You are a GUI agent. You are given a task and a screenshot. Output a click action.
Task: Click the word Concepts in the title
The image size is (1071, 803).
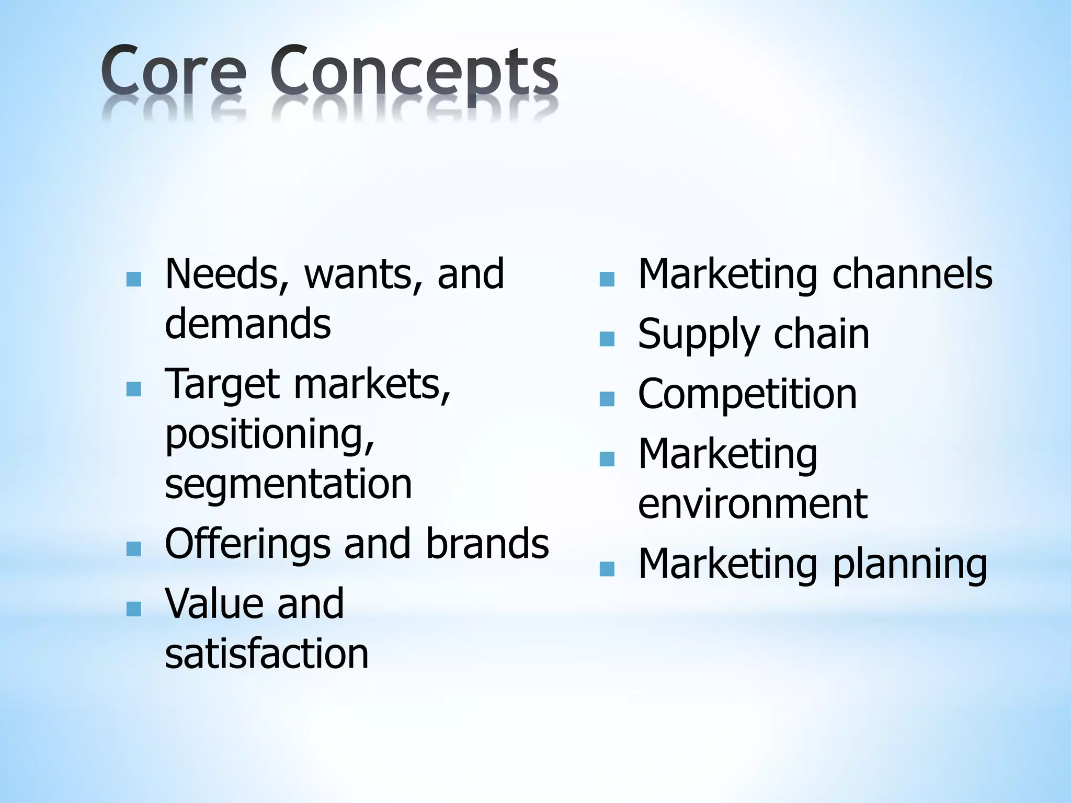pos(414,73)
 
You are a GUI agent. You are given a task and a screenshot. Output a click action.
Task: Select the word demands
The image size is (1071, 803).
pos(248,324)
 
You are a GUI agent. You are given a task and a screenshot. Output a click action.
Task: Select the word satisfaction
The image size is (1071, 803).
pos(267,653)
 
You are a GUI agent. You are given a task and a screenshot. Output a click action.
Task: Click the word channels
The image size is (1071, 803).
pos(912,274)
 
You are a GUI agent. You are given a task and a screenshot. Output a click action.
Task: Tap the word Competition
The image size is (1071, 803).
pos(747,394)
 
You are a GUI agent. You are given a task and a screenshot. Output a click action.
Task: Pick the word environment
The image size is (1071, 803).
pos(753,504)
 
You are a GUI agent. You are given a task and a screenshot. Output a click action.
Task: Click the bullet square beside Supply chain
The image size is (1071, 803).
pos(607,339)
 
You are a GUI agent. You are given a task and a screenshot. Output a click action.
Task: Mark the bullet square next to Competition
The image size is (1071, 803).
pos(607,399)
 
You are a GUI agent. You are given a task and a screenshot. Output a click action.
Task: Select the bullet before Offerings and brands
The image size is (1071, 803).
pos(134,549)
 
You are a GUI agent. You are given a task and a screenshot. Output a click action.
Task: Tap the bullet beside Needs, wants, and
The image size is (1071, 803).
pos(134,279)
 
